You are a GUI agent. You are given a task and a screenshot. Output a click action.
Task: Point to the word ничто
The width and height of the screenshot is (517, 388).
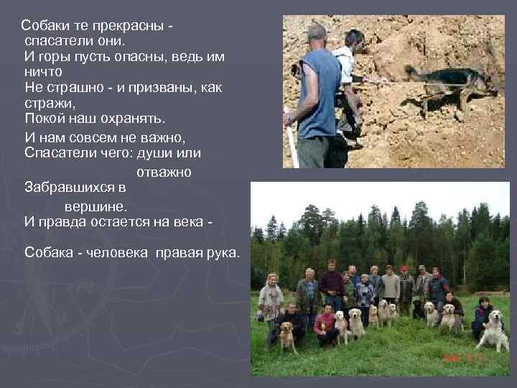click(44, 72)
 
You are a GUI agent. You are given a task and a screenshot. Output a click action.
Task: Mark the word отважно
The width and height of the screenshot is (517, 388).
click(162, 172)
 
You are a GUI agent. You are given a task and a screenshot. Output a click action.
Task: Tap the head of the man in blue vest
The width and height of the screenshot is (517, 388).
click(316, 34)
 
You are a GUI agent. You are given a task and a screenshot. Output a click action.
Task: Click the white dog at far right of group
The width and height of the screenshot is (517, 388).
click(493, 333)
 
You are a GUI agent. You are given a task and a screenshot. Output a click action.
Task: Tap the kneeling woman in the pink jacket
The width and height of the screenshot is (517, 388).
click(325, 325)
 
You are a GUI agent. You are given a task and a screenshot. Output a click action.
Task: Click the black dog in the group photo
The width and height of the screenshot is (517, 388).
click(417, 310)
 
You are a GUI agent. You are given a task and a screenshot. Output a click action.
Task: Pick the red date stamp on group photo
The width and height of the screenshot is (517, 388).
click(466, 356)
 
